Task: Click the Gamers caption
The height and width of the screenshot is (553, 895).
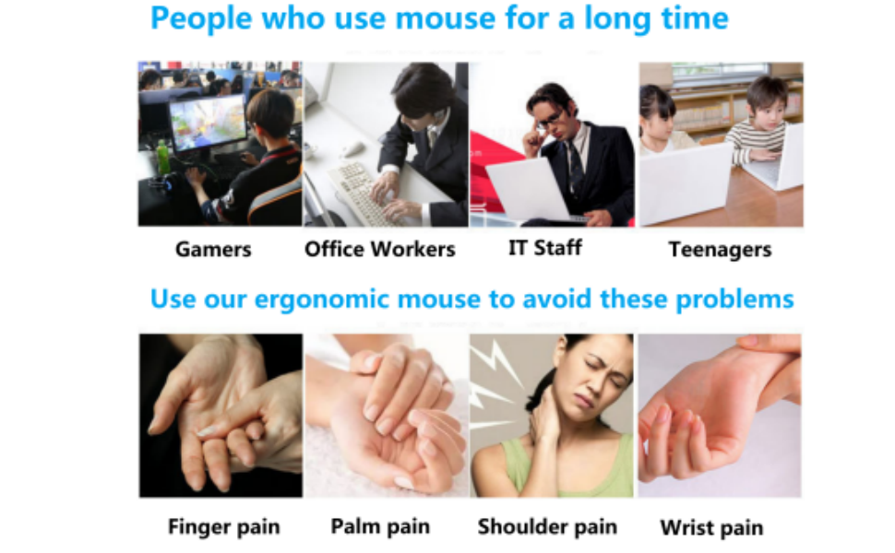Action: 213,249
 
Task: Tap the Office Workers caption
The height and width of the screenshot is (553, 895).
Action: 379,249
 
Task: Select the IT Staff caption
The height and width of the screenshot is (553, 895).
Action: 545,247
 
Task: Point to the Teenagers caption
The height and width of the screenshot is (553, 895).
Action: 720,250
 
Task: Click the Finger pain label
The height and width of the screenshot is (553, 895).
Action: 223,527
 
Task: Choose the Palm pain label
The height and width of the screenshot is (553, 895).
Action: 380,526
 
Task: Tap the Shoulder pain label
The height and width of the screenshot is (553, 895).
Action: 547,527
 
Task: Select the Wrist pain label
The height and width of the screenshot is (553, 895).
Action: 711,528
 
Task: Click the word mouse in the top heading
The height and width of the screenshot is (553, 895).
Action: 446,18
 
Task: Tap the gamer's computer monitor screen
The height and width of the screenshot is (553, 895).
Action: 208,124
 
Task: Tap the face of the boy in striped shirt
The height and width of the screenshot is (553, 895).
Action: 767,112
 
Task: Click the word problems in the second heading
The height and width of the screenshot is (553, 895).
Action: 734,300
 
